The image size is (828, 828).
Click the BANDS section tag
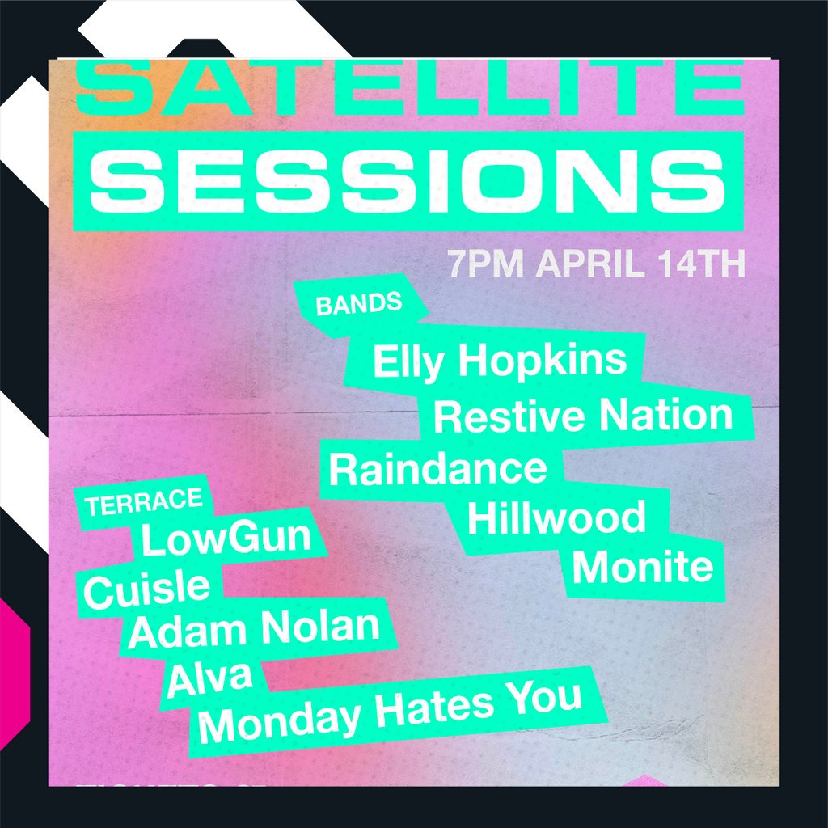[x=359, y=305]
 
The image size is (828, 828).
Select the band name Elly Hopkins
[x=499, y=361]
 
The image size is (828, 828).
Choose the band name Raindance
[x=437, y=470]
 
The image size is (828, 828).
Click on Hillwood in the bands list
[x=556, y=517]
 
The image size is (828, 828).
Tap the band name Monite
[x=643, y=568]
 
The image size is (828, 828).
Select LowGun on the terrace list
[x=226, y=539]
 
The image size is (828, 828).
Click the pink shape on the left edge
[x=13, y=671]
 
